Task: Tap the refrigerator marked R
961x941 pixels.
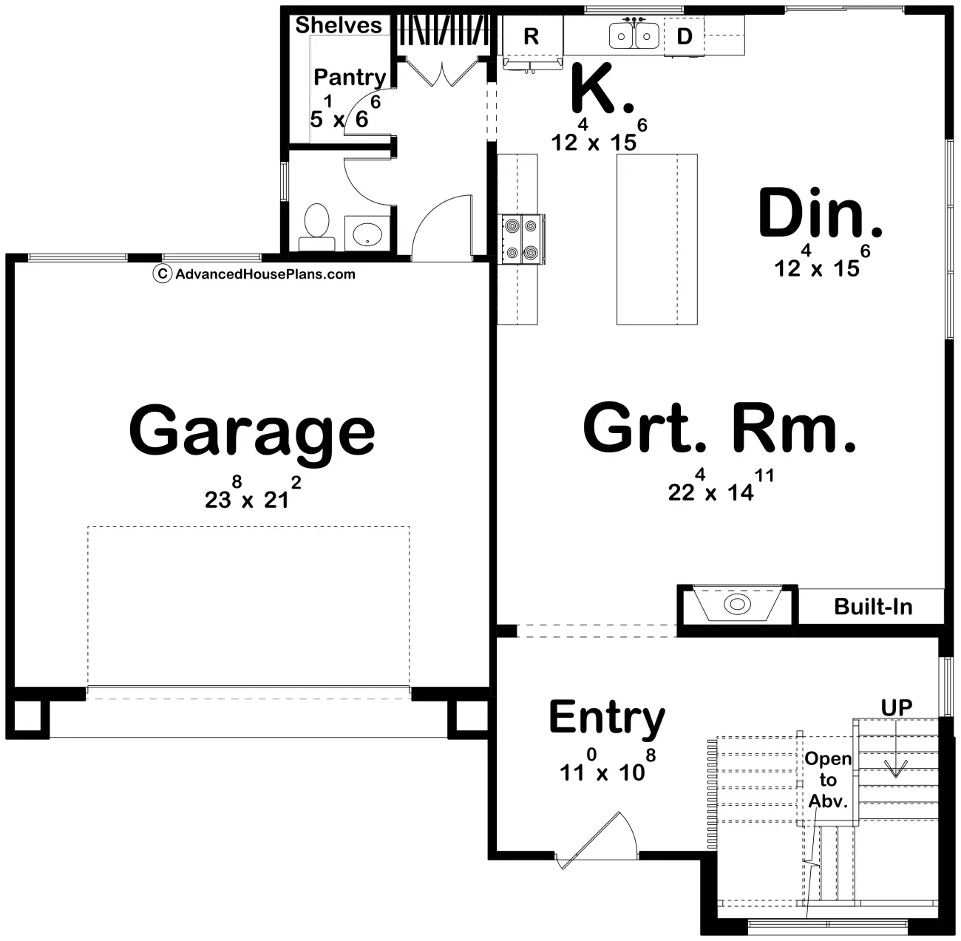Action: (531, 37)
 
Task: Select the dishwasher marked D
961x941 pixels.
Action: (685, 36)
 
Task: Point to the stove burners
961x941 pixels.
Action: (521, 238)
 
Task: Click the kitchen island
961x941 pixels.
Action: (656, 239)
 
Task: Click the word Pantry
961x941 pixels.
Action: (349, 77)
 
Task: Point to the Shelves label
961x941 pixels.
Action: (339, 25)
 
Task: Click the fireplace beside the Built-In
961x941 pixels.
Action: (736, 605)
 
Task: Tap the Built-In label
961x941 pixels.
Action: (872, 607)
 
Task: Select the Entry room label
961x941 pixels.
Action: (606, 718)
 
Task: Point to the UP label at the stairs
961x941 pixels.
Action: (896, 707)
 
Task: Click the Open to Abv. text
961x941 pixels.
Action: (828, 780)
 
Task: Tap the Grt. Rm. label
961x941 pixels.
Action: (719, 429)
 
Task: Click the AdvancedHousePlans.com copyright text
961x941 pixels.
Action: (255, 274)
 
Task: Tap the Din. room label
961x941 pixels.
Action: (821, 214)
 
